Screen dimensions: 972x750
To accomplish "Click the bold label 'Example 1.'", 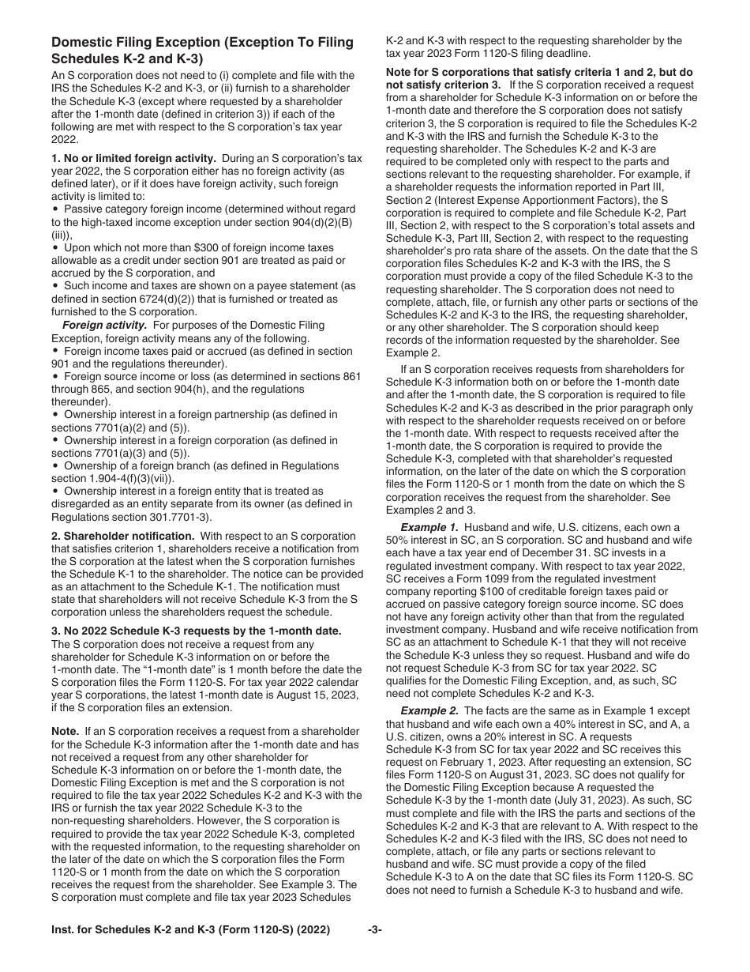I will [429, 528].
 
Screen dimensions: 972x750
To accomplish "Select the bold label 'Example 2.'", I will [429, 711].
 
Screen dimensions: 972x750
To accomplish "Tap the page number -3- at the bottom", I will [375, 929].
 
